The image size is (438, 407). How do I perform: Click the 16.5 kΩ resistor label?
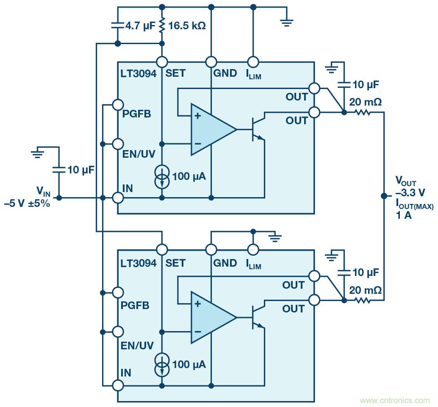[x=187, y=25]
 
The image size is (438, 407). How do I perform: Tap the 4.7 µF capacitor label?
[x=140, y=25]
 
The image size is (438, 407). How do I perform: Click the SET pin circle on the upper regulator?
[x=162, y=62]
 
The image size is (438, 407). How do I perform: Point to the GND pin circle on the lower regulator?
[x=211, y=249]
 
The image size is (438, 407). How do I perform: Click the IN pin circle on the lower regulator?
[x=117, y=385]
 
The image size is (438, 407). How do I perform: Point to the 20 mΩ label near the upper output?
[x=365, y=102]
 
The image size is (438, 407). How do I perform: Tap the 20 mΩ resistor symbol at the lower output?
[x=363, y=301]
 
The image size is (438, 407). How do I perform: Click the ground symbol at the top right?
[x=287, y=22]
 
